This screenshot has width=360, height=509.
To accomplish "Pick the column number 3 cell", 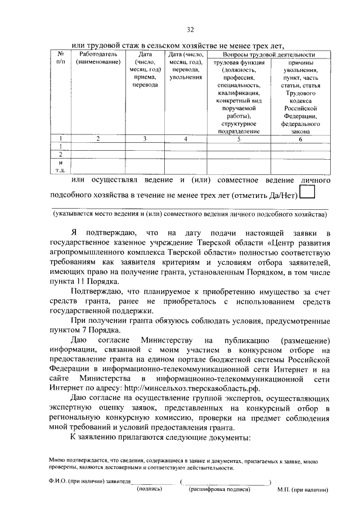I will coord(145,138).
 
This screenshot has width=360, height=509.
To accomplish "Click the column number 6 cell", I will coord(300,138).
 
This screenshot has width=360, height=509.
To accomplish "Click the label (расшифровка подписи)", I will coord(220,489).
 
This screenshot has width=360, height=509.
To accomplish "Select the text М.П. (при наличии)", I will coord(303,489).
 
